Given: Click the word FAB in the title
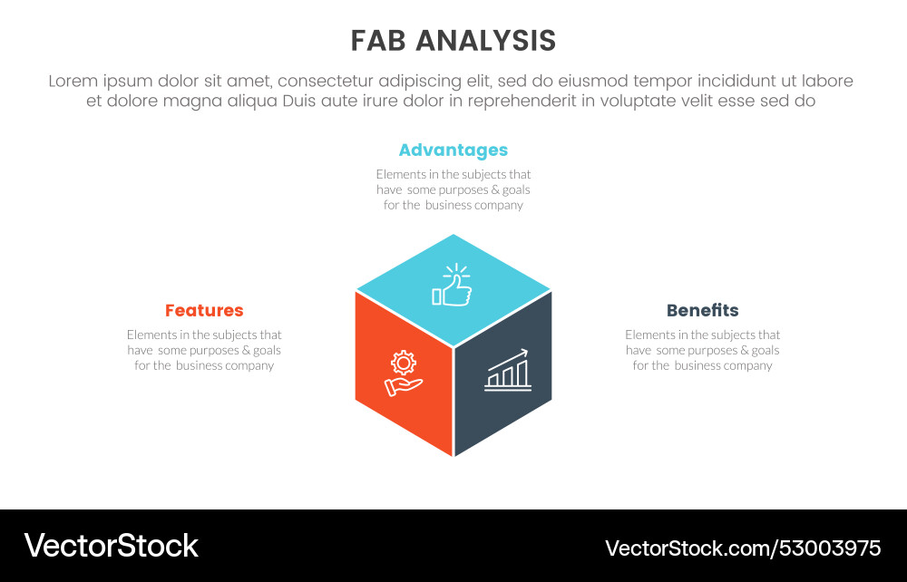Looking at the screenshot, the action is click(379, 41).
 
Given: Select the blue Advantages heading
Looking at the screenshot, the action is click(453, 150).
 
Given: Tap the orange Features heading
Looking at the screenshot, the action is click(204, 311).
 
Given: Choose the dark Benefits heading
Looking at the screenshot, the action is click(702, 311).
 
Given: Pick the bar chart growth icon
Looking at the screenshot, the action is click(508, 371).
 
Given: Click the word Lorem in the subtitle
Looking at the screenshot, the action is click(72, 82).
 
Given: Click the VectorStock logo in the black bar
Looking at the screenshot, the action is click(111, 546).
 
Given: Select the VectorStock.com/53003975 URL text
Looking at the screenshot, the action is click(743, 548).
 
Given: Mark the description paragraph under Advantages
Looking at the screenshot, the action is click(453, 189).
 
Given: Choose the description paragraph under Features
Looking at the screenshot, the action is click(204, 350).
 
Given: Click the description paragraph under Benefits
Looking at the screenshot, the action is click(702, 350).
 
